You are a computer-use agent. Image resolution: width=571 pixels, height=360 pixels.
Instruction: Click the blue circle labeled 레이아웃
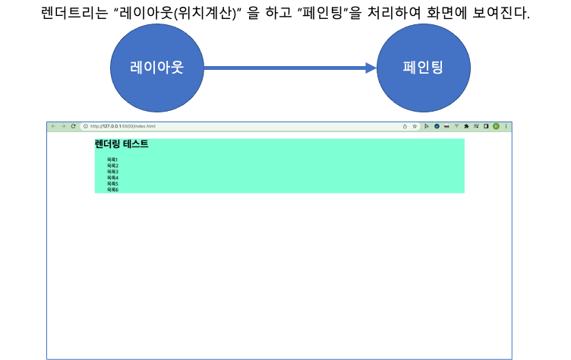tap(157, 68)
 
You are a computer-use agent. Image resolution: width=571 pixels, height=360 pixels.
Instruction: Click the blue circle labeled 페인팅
tap(423, 68)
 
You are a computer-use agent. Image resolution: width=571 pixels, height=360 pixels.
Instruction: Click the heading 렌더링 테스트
tap(121, 144)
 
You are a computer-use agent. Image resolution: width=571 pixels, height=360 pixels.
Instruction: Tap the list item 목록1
tap(112, 159)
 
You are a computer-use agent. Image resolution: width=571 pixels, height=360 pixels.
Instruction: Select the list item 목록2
tap(112, 166)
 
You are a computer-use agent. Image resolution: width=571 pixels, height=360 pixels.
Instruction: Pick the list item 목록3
tap(112, 172)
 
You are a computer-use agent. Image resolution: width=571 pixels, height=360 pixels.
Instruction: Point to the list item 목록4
tap(112, 178)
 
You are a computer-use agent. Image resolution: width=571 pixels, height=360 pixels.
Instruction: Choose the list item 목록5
tap(112, 184)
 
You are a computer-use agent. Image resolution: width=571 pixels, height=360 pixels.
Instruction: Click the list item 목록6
tap(112, 190)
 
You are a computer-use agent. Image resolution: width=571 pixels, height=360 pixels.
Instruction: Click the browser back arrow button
tap(53, 126)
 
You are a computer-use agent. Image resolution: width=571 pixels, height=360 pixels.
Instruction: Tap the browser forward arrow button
tap(63, 126)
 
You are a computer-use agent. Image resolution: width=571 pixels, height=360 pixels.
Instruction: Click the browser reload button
tap(73, 126)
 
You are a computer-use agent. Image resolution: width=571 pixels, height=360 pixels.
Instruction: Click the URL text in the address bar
tap(122, 126)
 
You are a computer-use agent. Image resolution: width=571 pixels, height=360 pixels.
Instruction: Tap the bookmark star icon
tap(415, 126)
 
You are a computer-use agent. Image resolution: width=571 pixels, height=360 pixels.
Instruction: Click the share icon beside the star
tap(405, 126)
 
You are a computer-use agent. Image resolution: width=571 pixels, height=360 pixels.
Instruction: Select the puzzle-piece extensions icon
tap(466, 126)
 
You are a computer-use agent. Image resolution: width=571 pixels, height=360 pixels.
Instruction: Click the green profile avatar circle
tap(496, 126)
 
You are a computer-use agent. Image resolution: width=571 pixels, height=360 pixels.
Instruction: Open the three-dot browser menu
tap(506, 126)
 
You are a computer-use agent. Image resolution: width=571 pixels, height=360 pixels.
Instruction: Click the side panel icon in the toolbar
tap(486, 126)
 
